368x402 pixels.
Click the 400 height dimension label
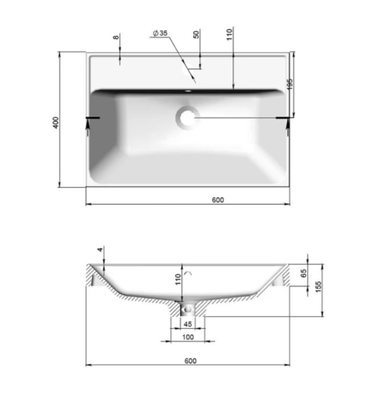[56, 123]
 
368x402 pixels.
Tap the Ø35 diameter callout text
[160, 33]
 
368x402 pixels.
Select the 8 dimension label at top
[116, 37]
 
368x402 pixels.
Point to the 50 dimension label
[196, 34]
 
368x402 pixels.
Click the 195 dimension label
[290, 84]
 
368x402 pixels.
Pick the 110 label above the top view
[229, 34]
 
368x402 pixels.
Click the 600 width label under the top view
[218, 200]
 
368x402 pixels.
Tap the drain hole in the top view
[187, 118]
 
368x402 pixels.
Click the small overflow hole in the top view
[188, 91]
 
